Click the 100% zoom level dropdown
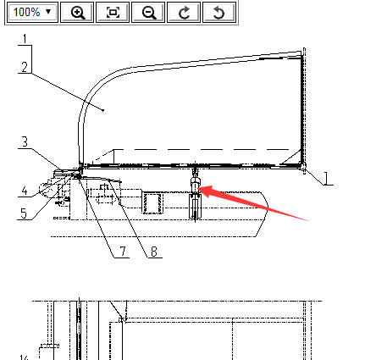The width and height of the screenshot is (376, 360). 31,12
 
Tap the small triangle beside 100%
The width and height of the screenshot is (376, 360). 48,12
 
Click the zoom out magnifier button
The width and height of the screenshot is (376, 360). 148,12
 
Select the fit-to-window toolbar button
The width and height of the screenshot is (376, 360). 113,12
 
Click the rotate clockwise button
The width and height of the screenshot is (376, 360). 184,12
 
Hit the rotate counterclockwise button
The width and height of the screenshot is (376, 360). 219,12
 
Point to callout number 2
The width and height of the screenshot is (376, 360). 25,67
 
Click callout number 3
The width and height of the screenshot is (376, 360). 25,141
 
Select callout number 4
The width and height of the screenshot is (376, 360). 25,191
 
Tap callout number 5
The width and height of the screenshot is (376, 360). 24,213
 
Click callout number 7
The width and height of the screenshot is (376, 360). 123,251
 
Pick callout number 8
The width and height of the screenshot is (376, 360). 154,252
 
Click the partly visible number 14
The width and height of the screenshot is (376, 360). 24,357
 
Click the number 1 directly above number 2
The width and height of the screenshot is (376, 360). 25,39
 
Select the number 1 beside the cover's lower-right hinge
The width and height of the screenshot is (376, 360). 326,178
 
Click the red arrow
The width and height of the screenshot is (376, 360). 253,202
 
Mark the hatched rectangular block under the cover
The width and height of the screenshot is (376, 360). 152,202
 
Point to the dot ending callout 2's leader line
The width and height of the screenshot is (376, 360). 103,110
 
